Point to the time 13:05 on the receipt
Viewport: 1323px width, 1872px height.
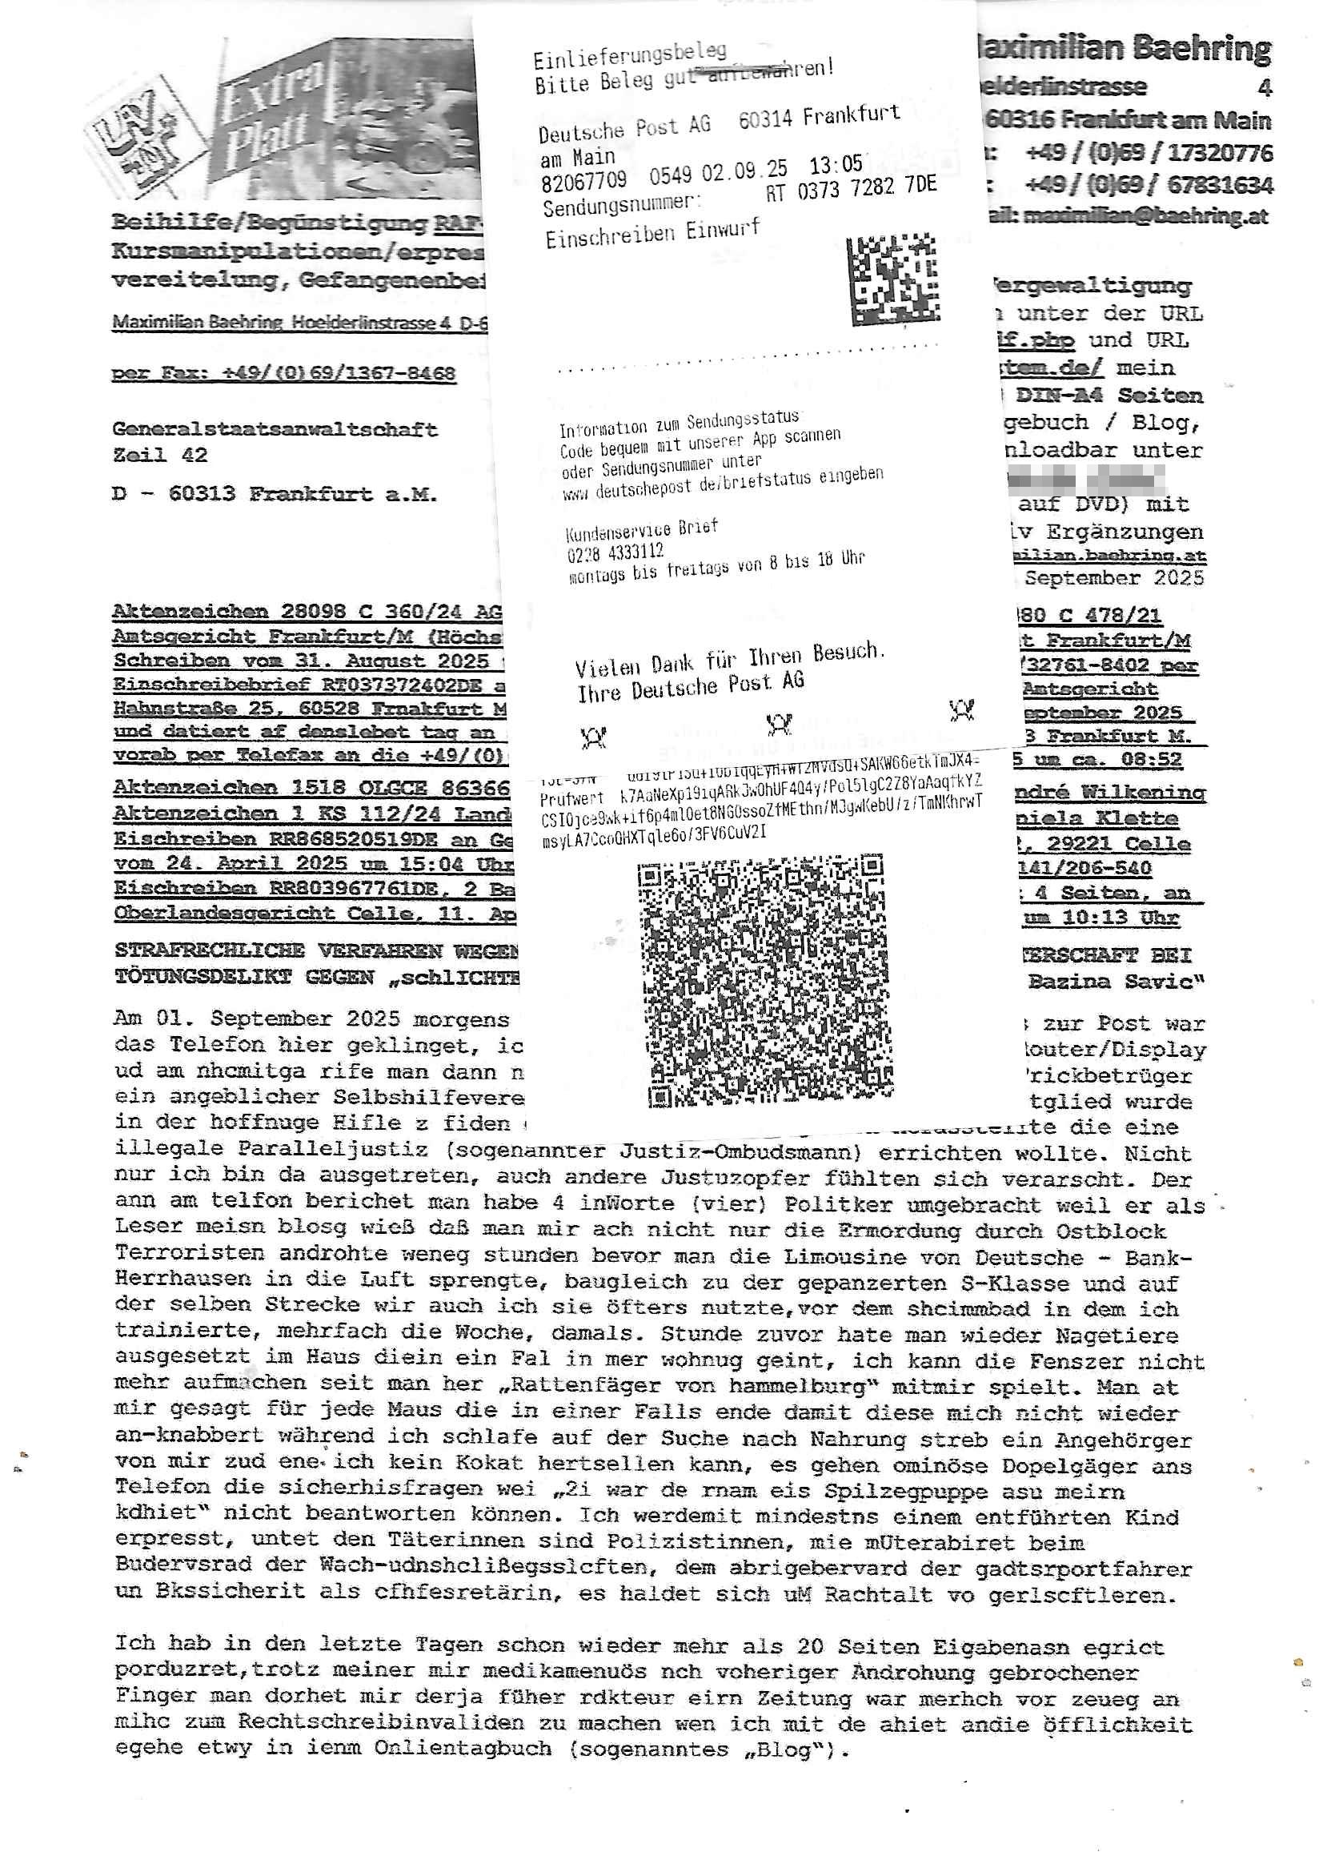coord(836,165)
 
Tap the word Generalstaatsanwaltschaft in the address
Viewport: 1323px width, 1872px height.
coord(275,429)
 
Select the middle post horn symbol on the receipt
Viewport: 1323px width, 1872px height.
coord(780,723)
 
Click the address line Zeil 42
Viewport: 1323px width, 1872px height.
coord(160,455)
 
